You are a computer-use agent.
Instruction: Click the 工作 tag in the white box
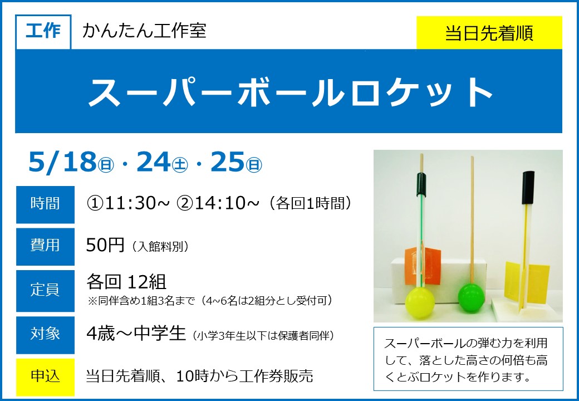point(43,32)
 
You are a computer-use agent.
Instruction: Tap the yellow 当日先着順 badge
point(489,33)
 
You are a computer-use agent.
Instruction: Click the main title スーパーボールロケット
point(291,91)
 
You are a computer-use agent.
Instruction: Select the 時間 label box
point(45,204)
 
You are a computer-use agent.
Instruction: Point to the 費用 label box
point(45,246)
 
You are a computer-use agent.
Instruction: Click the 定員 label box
point(45,291)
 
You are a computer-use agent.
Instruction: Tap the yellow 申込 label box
point(45,376)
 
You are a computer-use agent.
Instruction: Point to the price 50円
point(105,245)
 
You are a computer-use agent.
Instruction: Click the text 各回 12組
point(126,282)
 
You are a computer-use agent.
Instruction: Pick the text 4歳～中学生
point(136,334)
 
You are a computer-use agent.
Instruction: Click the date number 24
point(153,162)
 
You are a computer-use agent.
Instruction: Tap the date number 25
point(228,162)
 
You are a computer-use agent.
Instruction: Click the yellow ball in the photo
point(420,302)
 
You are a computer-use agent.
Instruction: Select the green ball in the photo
point(471,296)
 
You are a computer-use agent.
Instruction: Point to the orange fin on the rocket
point(423,266)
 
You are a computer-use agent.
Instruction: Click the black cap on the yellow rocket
point(528,187)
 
